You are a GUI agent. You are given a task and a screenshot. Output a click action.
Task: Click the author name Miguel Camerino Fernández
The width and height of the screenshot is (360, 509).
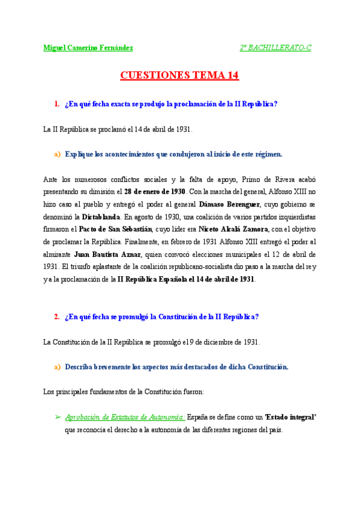click(x=88, y=47)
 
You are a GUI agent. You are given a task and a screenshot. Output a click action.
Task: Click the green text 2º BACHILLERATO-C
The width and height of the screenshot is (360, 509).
click(x=275, y=47)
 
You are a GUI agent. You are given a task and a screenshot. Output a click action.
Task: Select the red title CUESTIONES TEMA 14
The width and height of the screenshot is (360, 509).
click(x=180, y=76)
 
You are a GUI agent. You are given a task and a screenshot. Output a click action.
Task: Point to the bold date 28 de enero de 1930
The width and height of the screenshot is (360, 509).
click(x=155, y=191)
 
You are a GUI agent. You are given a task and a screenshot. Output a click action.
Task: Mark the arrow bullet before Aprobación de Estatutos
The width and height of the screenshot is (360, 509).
click(x=58, y=417)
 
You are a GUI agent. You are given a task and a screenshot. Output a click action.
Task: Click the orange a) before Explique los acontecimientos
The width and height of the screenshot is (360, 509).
click(x=58, y=154)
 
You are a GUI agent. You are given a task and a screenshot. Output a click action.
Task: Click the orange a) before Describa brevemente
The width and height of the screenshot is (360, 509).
click(x=58, y=367)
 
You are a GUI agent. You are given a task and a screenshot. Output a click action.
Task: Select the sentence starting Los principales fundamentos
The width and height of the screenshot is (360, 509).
click(x=124, y=392)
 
